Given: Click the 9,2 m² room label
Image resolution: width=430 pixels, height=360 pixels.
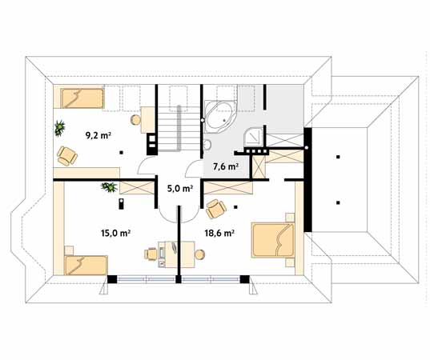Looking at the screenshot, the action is click(x=98, y=135).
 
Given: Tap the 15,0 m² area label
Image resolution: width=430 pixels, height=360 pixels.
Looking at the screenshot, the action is click(x=115, y=233).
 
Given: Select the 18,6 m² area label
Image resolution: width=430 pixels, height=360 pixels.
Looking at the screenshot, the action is click(x=219, y=233).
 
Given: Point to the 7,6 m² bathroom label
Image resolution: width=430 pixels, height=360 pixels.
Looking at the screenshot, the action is click(x=226, y=166).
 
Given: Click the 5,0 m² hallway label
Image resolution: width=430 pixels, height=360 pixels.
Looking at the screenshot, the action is click(x=180, y=188).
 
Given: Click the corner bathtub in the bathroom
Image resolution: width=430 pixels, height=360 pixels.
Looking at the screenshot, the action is click(x=220, y=118).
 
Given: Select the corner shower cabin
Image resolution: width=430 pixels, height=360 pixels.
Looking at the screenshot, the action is click(x=254, y=138).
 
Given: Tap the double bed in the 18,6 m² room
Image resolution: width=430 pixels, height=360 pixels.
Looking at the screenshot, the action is click(x=273, y=240).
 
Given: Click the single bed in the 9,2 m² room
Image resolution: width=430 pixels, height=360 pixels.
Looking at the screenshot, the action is click(x=82, y=98).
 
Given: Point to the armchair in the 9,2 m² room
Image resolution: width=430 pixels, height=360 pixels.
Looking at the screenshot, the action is click(x=67, y=156).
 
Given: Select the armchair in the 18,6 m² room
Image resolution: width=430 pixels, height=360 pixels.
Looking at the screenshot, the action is click(x=216, y=209).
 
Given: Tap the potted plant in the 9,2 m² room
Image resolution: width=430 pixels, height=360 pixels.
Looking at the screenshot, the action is click(x=59, y=128).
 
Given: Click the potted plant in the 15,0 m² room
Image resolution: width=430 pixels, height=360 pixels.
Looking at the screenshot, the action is click(x=110, y=187).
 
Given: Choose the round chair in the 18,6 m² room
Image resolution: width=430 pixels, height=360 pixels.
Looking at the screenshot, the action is click(x=200, y=254).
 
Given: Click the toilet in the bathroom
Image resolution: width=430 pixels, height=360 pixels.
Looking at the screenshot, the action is click(x=207, y=144).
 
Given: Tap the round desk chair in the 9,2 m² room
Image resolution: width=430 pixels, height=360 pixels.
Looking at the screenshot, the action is click(x=135, y=120).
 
